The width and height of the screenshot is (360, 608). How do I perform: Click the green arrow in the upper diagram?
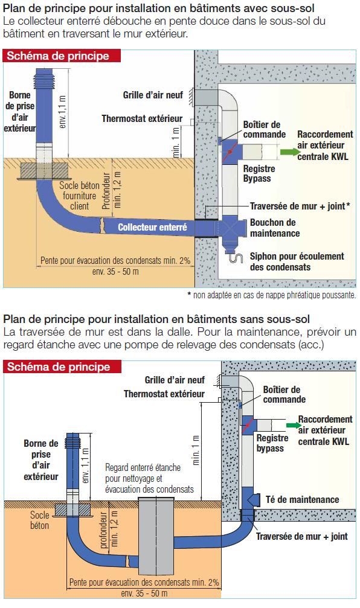[x=288, y=152]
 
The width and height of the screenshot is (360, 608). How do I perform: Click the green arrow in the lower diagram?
[x=294, y=426]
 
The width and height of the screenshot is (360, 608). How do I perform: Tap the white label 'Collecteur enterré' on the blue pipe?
[x=152, y=227]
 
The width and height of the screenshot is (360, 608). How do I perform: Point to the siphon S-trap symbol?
[x=236, y=258]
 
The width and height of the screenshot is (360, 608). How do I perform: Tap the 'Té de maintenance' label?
[x=302, y=499]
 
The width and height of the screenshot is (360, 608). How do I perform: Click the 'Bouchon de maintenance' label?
[x=275, y=228]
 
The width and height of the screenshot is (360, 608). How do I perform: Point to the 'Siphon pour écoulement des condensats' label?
[x=297, y=261]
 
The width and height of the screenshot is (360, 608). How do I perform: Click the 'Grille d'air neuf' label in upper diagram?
[x=153, y=95]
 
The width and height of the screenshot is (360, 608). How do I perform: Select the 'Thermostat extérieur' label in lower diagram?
[x=164, y=394]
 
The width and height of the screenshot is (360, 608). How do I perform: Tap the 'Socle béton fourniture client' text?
[x=79, y=196]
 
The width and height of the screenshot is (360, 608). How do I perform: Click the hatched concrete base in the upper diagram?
[x=44, y=171]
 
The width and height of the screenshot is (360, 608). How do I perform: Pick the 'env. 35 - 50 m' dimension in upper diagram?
[x=115, y=272]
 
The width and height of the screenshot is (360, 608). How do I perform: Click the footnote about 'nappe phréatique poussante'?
[x=272, y=295]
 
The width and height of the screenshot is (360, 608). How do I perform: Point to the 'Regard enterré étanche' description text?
[x=149, y=478]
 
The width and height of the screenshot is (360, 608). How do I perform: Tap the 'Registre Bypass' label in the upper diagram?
[x=259, y=173]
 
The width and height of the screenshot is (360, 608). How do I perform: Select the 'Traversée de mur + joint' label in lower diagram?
[x=301, y=536]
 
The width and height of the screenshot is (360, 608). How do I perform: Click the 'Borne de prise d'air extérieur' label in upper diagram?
[x=20, y=111]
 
